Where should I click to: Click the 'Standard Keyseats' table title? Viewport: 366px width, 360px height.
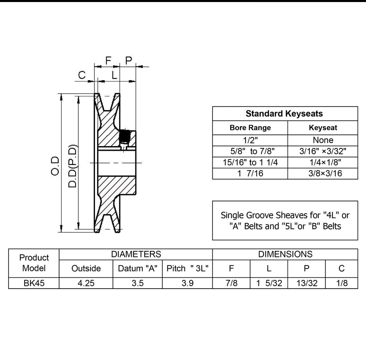284,113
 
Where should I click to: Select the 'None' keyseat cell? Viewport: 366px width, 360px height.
323,140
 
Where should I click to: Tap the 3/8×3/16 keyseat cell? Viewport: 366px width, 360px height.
323,174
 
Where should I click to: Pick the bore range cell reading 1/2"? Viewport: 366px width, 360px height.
250,140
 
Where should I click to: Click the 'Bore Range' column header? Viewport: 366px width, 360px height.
250,128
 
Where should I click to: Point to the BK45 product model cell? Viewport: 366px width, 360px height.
34,283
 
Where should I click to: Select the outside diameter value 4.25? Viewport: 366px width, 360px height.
86,283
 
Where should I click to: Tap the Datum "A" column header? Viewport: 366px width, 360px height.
137,268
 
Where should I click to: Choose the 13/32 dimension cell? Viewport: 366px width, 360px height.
307,283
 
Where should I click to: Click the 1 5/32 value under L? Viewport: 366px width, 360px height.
269,283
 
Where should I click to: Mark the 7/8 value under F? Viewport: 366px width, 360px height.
231,283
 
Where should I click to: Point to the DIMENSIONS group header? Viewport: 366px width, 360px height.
285,254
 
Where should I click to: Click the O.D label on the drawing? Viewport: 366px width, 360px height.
55,166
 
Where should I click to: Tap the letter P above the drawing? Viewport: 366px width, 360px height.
129,61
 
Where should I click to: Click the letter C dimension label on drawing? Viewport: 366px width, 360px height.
82,75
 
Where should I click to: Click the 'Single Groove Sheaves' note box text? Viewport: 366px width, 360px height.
285,220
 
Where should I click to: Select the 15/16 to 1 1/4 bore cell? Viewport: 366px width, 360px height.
250,162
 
